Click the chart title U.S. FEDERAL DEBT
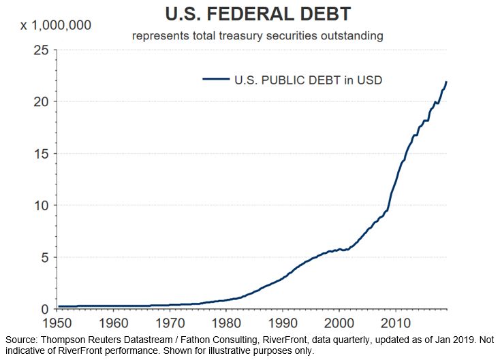pyautogui.click(x=258, y=14)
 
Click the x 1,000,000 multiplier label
pyautogui.click(x=54, y=27)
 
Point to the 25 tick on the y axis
pyautogui.click(x=42, y=50)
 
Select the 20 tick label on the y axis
pyautogui.click(x=42, y=101)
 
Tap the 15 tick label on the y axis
pyautogui.click(x=42, y=153)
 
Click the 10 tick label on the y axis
pyautogui.click(x=42, y=205)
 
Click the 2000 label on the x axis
pyautogui.click(x=339, y=322)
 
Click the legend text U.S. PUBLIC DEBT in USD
pyautogui.click(x=309, y=80)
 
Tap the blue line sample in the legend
pyautogui.click(x=215, y=80)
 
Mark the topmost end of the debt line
pyautogui.click(x=446, y=82)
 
